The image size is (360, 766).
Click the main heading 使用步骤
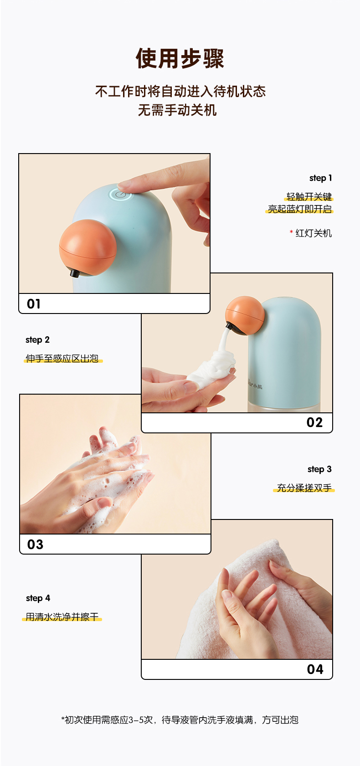(180, 58)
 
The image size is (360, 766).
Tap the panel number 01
(34, 303)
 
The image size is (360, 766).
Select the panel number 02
(314, 422)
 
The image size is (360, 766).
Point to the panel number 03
(35, 545)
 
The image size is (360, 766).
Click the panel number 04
(315, 669)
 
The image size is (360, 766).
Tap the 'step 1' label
(320, 178)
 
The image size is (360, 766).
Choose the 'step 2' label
(38, 340)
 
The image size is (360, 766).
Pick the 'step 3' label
(319, 469)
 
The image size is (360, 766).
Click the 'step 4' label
(38, 598)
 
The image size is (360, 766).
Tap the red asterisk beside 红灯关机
(291, 232)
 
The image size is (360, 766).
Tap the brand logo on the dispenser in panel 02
(255, 386)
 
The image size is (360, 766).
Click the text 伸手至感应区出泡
(62, 358)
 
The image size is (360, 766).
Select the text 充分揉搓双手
(304, 488)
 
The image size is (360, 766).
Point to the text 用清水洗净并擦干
(62, 617)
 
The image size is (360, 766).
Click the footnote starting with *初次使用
(180, 720)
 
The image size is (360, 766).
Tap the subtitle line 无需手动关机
(177, 110)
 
